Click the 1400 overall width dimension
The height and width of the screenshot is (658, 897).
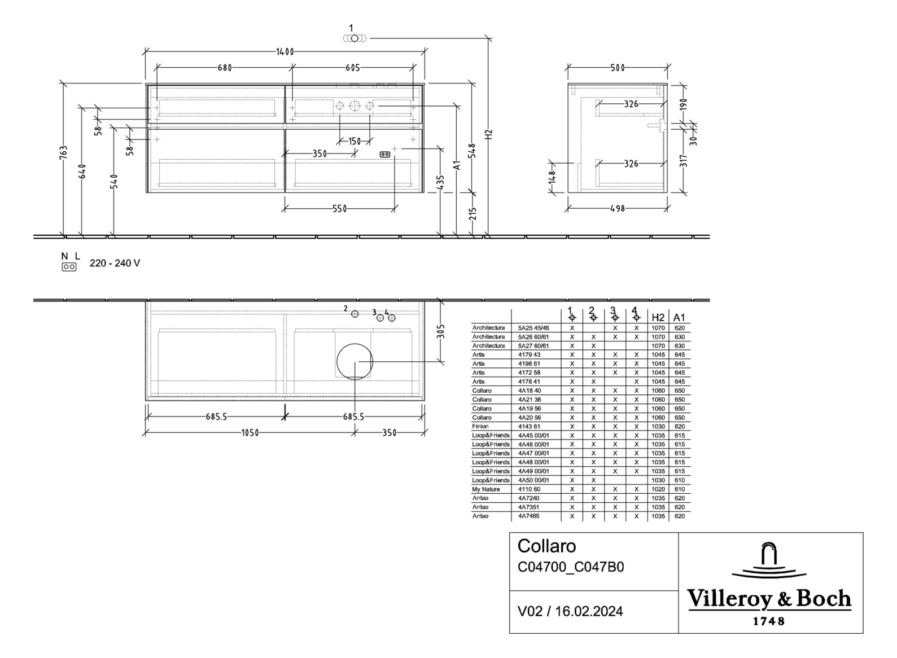click(285, 52)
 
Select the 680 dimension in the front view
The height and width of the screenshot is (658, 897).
click(224, 68)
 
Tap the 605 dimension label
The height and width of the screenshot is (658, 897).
click(352, 68)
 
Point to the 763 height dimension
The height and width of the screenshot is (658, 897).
click(64, 152)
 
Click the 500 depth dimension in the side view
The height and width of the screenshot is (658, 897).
click(617, 68)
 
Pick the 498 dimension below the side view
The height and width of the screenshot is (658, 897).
click(617, 208)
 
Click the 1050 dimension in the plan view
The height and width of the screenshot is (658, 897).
click(250, 433)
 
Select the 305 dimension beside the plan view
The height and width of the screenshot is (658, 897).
click(441, 331)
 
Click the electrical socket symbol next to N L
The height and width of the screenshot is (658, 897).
click(69, 267)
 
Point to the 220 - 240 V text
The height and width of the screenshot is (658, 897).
click(115, 264)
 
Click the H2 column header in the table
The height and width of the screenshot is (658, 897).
click(658, 317)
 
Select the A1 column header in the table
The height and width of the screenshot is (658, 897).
click(679, 317)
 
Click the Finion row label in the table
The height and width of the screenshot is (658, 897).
click(481, 427)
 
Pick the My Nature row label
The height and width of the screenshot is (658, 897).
click(486, 489)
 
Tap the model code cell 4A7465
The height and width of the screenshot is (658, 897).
click(528, 516)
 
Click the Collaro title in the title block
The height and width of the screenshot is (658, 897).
click(546, 546)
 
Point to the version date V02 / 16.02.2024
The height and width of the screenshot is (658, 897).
click(570, 612)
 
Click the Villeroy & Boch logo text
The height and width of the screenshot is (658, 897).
click(769, 599)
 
